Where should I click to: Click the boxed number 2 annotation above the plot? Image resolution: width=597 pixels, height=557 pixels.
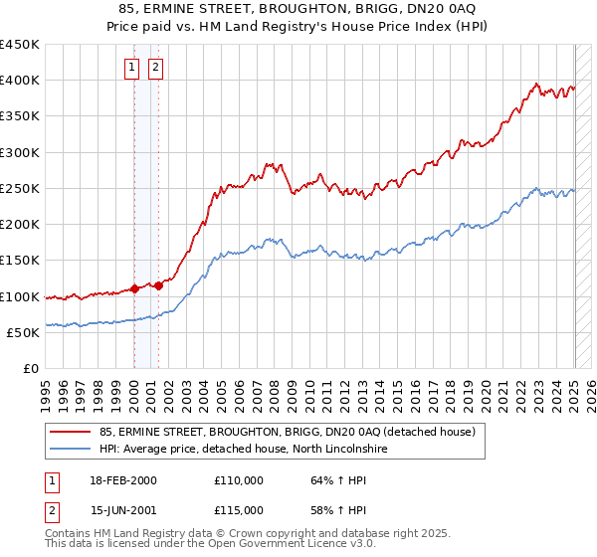tap(156, 68)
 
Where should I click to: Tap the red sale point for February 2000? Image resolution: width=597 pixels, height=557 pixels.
tap(134, 289)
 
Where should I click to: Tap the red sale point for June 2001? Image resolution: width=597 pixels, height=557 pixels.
tap(158, 286)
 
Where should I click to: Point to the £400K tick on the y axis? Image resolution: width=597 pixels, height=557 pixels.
tap(23, 81)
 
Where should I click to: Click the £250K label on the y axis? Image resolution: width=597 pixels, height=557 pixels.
tap(23, 189)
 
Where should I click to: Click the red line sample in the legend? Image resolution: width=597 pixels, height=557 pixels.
tap(70, 432)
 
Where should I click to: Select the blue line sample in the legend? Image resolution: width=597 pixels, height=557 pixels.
tap(70, 450)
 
